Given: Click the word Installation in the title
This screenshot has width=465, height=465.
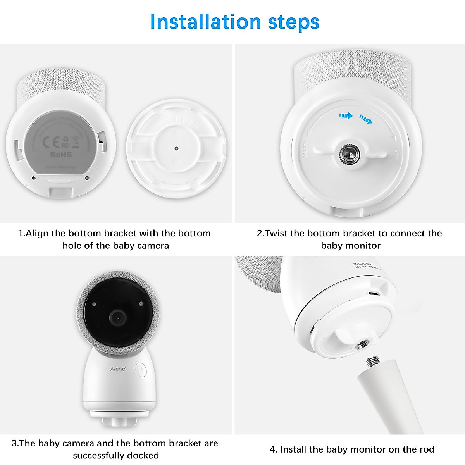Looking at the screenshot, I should [205, 22].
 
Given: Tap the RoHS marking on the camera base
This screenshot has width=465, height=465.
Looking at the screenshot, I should [61, 154].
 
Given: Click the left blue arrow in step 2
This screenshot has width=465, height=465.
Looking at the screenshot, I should [345, 115].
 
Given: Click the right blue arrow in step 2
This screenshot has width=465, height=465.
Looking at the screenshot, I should [365, 119].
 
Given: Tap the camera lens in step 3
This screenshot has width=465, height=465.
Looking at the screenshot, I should [116, 318].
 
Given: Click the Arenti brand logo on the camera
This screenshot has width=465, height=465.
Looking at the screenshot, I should [118, 369].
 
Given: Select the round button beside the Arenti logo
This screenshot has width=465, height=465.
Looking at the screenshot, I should [141, 369].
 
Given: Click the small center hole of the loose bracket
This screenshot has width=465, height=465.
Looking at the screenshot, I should [176, 148].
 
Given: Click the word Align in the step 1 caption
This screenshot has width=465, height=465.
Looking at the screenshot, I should [37, 233].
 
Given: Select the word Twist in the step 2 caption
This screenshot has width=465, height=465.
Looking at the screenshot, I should [276, 233].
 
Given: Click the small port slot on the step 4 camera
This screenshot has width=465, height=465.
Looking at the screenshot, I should [373, 293].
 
